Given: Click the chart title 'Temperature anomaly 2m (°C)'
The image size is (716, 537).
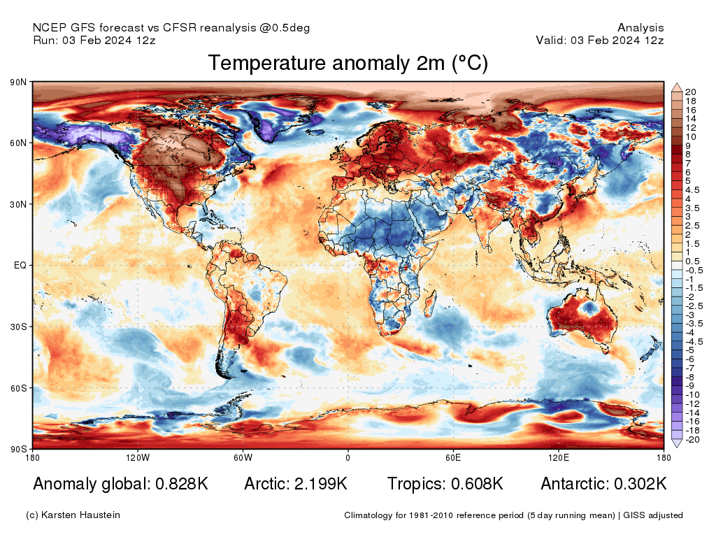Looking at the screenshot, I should [x=348, y=64].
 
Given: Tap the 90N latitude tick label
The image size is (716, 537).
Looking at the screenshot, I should [x=18, y=83].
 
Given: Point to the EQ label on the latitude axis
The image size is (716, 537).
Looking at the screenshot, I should [x=20, y=266].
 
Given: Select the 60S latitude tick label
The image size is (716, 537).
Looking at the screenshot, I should [x=18, y=388].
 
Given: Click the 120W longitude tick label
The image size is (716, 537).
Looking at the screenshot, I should [x=138, y=458].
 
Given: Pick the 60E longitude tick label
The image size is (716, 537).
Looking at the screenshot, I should [x=452, y=458].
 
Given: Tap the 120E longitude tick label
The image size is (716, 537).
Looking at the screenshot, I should [x=557, y=458].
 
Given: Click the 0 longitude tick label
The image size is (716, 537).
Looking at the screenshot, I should [x=348, y=458].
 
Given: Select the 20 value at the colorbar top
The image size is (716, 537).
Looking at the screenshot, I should [x=691, y=92].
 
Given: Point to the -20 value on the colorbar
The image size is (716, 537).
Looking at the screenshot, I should [x=691, y=440].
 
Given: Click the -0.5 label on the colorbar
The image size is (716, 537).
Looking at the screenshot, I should [x=692, y=270].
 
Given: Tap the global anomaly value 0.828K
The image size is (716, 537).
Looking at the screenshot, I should [x=179, y=484].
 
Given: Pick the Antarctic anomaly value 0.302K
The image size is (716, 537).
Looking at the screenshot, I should [x=640, y=484].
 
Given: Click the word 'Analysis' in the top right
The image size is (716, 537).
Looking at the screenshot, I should [x=640, y=28].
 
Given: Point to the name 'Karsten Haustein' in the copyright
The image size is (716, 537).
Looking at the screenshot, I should [x=81, y=515].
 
